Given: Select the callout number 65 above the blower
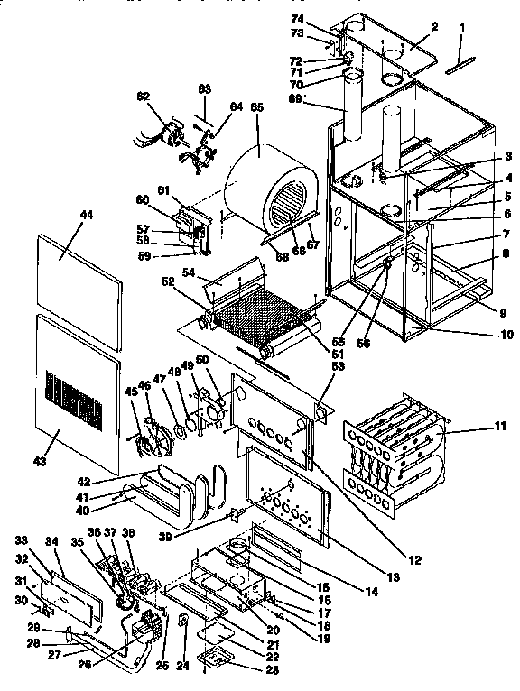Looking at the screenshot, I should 257,107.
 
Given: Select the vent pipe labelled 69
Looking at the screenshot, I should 351,108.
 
